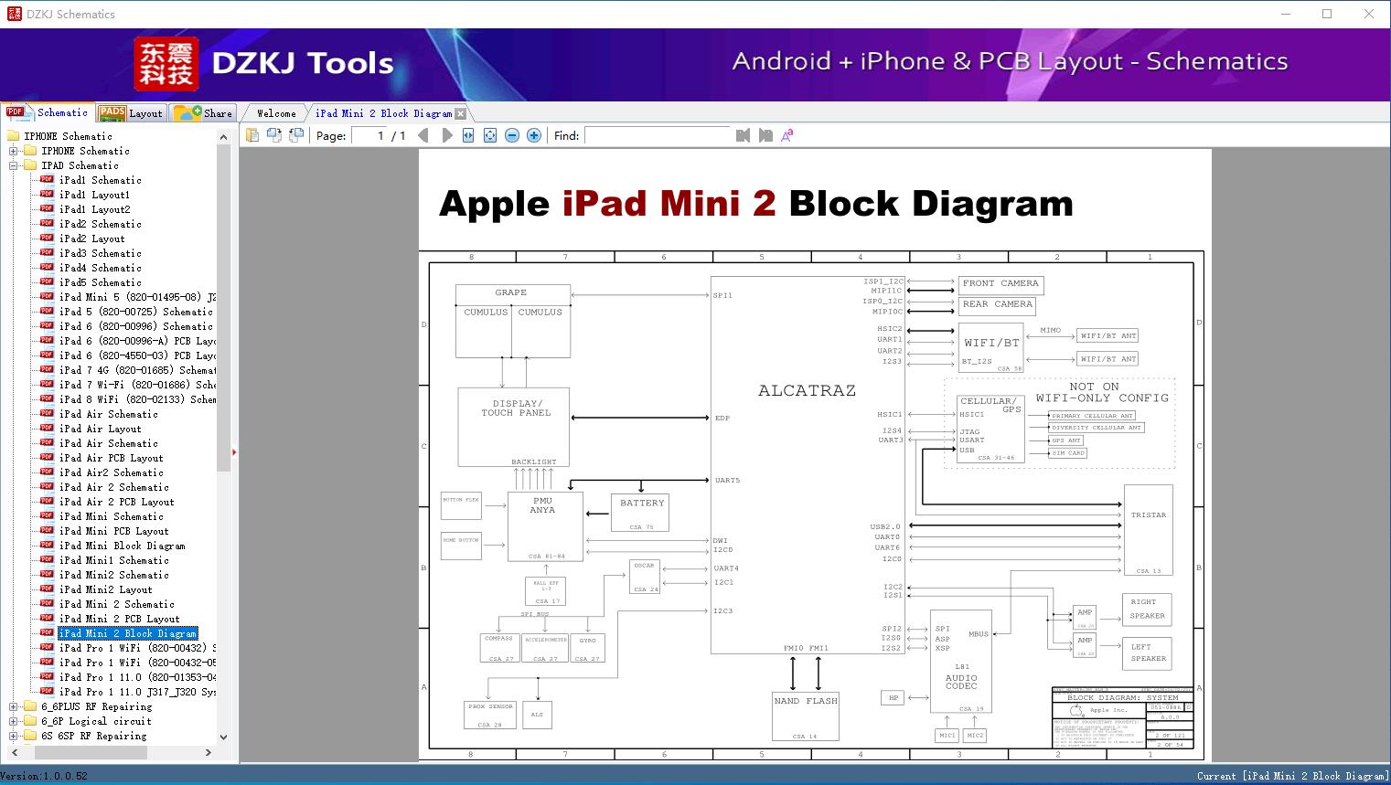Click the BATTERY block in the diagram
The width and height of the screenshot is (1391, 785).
pos(639,512)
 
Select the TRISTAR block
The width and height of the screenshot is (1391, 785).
pos(1148,529)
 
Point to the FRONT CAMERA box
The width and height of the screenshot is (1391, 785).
pos(1000,284)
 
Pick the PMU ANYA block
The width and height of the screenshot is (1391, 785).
pos(545,525)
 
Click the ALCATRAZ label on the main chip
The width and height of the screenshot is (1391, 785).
pos(807,390)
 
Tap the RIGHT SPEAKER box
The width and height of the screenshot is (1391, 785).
pos(1146,609)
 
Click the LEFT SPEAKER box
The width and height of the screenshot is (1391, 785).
pos(1147,652)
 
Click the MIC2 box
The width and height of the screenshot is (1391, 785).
pos(975,735)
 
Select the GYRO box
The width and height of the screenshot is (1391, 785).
pos(587,647)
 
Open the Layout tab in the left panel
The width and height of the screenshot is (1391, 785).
pos(131,113)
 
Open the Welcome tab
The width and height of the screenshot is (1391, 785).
pos(276,113)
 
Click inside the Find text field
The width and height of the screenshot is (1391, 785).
pos(658,135)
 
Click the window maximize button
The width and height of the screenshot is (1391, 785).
pos(1327,14)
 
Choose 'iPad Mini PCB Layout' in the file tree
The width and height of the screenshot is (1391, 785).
pos(113,531)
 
